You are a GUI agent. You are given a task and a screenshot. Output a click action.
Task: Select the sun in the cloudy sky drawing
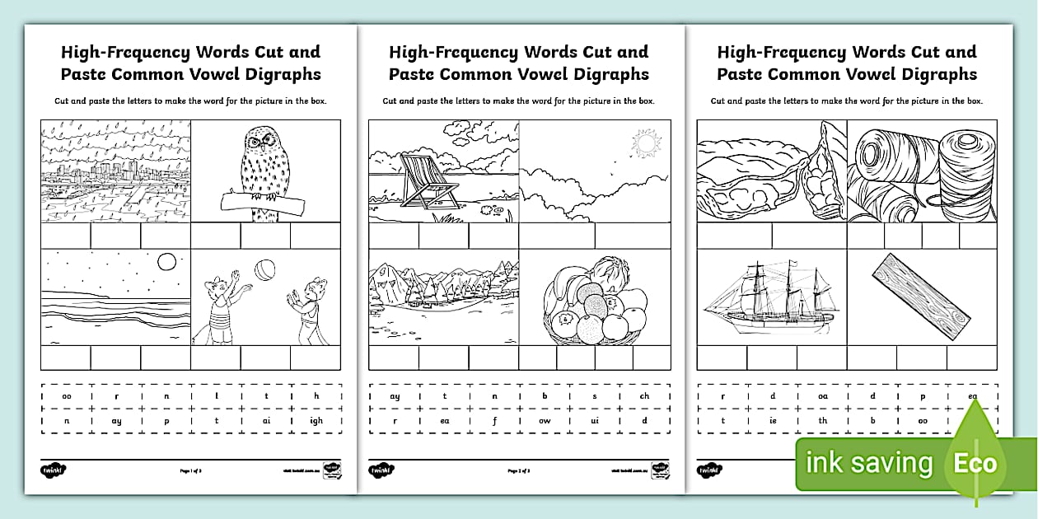point(645,145)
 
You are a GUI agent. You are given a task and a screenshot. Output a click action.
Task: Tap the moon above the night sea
point(167,262)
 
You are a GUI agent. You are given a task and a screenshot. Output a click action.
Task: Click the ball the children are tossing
point(265,270)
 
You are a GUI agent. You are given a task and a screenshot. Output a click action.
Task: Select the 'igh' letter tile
point(316,420)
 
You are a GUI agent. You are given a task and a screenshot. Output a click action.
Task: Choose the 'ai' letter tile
point(266,420)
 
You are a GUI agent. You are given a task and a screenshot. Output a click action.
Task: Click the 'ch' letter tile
point(644,396)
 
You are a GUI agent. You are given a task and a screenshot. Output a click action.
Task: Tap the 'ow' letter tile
point(545,420)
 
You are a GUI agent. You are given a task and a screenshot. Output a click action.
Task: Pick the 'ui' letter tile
point(594,420)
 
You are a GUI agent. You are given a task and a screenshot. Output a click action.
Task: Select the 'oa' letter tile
point(823,396)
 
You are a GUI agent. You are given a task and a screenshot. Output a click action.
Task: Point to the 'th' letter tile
point(823,420)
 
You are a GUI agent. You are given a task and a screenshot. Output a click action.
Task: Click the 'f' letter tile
point(495,420)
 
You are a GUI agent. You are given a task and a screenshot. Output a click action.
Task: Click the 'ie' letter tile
point(773,420)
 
